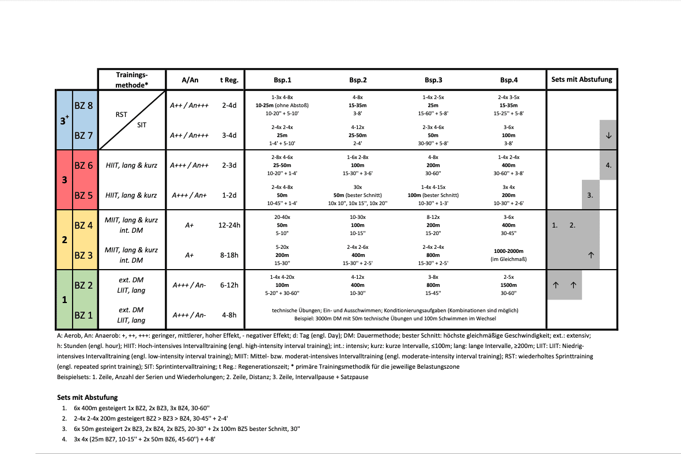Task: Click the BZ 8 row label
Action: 84,105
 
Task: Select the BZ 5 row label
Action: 84,195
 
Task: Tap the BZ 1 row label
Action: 84,315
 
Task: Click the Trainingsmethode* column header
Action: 132,80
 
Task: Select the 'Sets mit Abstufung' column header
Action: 581,80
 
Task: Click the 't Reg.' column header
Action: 229,80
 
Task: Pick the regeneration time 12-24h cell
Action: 229,225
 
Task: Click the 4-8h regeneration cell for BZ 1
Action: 229,315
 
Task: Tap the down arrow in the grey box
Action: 608,135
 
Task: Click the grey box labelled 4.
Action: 608,165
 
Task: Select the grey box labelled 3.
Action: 590,195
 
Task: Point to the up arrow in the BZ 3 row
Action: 590,255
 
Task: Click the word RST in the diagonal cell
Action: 121,115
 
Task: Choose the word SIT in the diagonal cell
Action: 141,124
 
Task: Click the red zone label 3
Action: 64,180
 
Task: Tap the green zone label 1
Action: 64,300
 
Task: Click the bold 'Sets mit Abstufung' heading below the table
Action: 88,398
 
